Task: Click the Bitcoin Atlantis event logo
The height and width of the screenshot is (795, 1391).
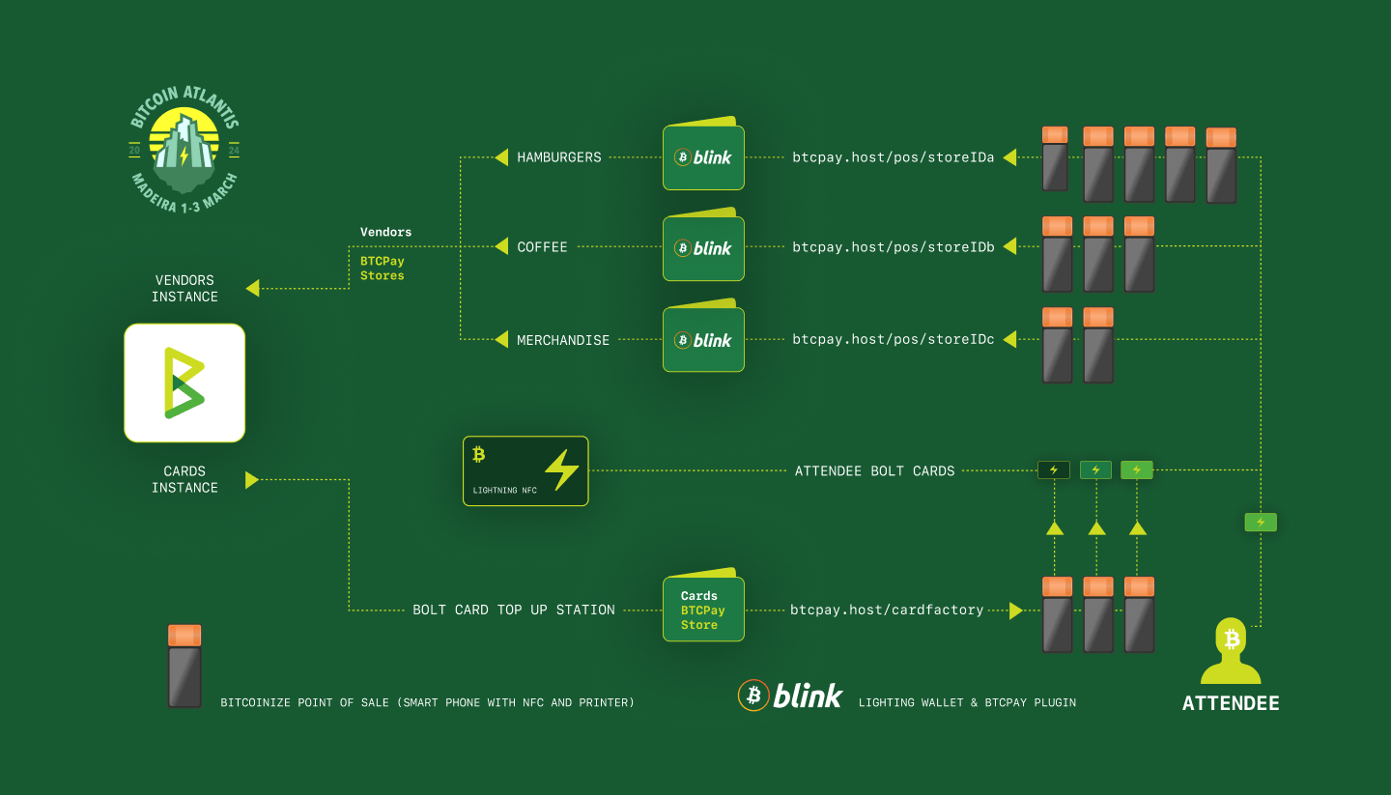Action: (184, 150)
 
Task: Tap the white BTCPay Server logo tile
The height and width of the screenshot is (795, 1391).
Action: (185, 383)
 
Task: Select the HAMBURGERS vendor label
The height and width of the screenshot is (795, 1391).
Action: (559, 157)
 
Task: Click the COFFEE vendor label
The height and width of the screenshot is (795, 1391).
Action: (542, 247)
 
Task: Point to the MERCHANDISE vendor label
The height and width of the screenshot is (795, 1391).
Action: (562, 340)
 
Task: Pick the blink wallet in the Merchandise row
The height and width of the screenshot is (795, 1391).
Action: (703, 336)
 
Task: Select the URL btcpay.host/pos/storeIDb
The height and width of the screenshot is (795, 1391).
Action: (893, 247)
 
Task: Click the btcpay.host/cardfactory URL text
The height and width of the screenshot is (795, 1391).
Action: (887, 610)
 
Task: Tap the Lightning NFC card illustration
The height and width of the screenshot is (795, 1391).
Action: (525, 470)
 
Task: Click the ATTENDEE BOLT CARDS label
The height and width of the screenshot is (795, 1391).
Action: (874, 470)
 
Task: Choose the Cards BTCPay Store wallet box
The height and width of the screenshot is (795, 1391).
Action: (703, 605)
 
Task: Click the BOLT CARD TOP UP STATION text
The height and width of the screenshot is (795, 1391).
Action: (514, 610)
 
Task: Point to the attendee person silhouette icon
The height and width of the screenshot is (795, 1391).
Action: (1231, 651)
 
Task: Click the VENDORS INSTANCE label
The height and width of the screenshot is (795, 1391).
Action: (185, 289)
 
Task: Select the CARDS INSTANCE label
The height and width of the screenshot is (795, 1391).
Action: (185, 479)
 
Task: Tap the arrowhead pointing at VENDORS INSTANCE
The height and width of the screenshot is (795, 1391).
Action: (253, 288)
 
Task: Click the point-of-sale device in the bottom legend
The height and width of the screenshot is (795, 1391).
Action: (185, 666)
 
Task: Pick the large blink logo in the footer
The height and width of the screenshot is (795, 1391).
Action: (790, 696)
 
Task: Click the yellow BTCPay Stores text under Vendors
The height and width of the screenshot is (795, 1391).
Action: (382, 269)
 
